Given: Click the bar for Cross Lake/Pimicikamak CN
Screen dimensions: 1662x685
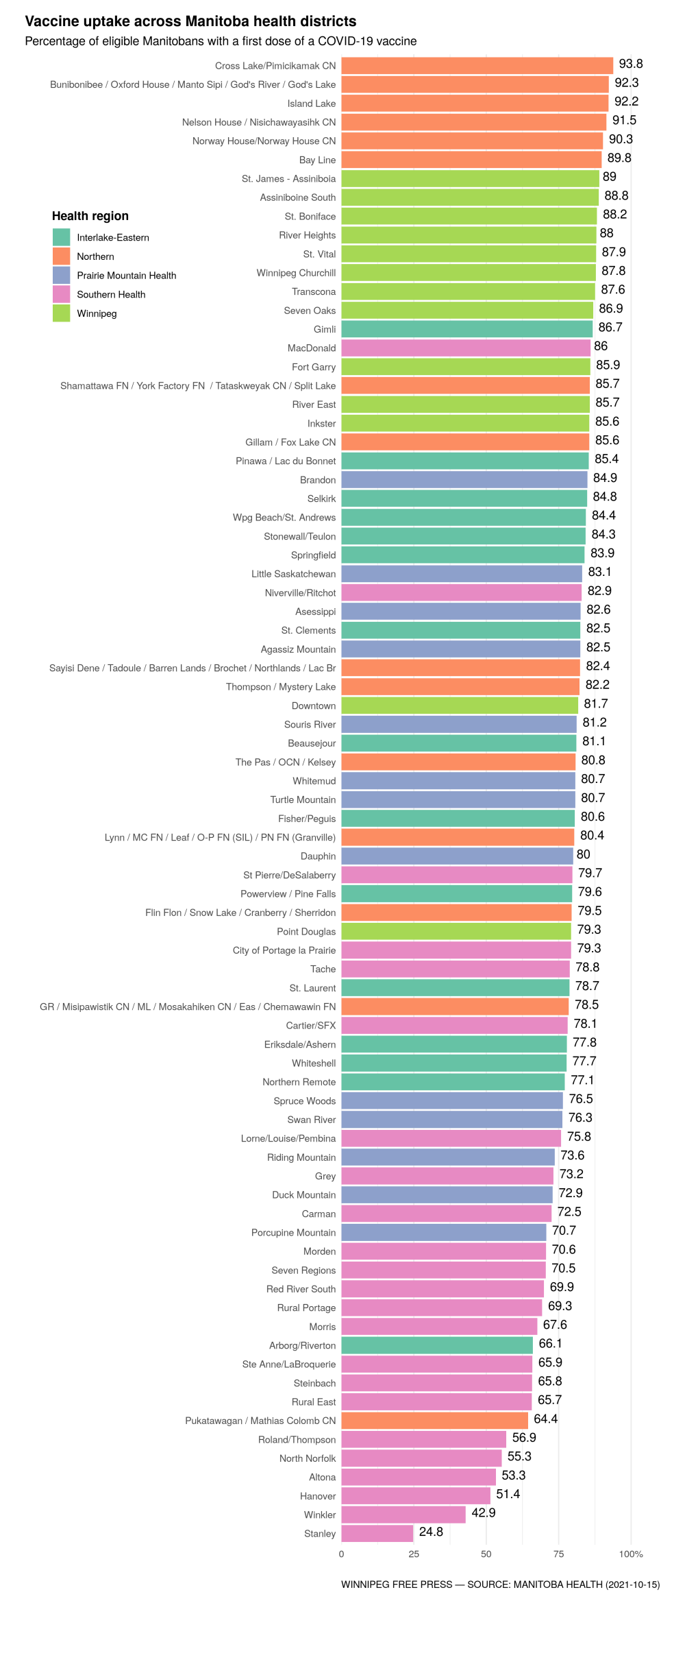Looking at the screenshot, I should (x=477, y=66).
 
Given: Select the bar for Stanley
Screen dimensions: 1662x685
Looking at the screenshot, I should (x=377, y=1533).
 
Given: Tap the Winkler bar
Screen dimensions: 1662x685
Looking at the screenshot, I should (x=403, y=1515).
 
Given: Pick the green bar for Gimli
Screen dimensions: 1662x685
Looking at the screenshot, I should (x=467, y=329).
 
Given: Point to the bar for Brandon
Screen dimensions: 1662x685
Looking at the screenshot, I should (x=464, y=480).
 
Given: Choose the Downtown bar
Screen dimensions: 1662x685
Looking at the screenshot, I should (x=460, y=706).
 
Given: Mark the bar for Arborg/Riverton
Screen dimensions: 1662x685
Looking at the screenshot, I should (x=437, y=1345).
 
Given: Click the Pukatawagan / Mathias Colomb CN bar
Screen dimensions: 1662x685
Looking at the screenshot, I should (x=434, y=1421).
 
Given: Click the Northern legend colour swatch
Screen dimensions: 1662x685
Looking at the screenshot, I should (x=62, y=256).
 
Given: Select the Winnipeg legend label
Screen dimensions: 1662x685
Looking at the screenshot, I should (x=97, y=313).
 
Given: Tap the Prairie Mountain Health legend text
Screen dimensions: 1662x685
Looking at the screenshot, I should (x=127, y=276).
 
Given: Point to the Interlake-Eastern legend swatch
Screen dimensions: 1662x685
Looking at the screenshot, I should (x=62, y=237).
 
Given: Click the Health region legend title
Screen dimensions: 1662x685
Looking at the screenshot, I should (x=90, y=216).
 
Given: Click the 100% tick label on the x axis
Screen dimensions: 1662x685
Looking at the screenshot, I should (x=631, y=1554).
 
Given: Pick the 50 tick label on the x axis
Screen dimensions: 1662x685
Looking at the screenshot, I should (x=486, y=1554).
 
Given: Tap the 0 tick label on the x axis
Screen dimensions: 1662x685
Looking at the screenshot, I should (x=341, y=1554).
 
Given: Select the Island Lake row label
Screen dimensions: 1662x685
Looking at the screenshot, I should (x=312, y=104).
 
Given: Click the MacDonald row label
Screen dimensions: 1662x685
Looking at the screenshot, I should (x=312, y=348).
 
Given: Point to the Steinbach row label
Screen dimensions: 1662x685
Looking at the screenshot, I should (x=315, y=1383).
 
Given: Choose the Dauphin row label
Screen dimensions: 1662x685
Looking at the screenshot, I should (x=318, y=856).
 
